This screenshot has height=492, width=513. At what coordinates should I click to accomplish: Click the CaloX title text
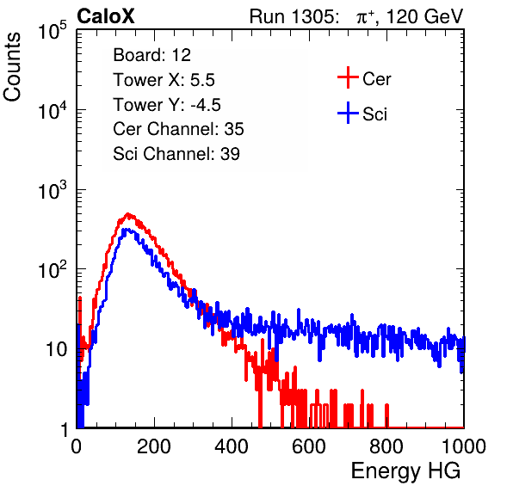click(106, 16)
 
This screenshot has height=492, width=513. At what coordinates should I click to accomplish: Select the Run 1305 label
click(293, 16)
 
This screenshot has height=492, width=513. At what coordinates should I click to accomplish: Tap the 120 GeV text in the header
click(425, 16)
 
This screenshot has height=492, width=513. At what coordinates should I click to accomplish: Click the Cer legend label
click(376, 79)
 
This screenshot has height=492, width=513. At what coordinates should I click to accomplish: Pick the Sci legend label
click(374, 114)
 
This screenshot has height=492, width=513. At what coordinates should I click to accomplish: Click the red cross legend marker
click(348, 77)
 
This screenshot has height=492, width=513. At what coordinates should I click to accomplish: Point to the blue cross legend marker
click(348, 113)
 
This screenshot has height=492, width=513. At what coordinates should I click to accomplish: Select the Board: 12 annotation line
click(151, 55)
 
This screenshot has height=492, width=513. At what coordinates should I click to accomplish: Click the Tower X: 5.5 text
click(164, 80)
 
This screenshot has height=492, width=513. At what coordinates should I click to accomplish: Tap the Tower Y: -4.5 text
click(167, 105)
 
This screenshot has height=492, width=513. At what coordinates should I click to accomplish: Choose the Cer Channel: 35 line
click(178, 129)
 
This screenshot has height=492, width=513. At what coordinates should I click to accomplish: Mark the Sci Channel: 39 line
click(176, 154)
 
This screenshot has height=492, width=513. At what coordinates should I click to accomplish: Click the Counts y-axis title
click(12, 67)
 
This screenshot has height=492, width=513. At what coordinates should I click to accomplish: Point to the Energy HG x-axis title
click(405, 471)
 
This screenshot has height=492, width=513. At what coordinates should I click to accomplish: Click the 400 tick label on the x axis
click(232, 446)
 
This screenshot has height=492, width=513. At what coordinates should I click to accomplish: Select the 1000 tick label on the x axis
click(464, 446)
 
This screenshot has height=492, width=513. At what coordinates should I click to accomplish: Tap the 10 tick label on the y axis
click(56, 349)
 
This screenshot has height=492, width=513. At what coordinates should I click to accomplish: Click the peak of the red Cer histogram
click(128, 213)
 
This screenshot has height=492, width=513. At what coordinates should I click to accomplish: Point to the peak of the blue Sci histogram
click(126, 229)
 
